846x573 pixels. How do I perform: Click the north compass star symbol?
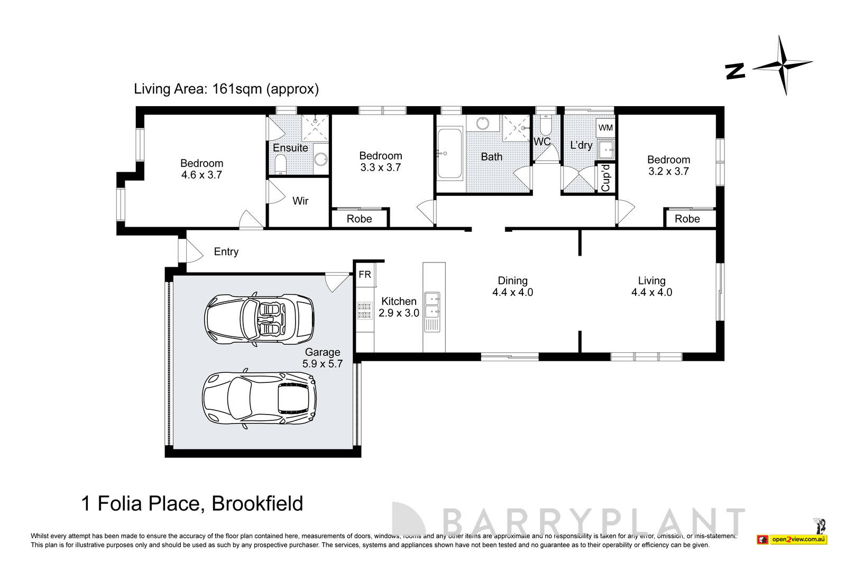(782, 65)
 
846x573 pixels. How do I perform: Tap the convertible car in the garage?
(259, 320)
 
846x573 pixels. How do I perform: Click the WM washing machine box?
(605, 128)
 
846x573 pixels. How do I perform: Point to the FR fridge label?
(365, 275)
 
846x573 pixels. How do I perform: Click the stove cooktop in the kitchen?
(364, 310)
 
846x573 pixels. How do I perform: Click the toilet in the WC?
(546, 125)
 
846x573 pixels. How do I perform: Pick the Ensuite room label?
(290, 148)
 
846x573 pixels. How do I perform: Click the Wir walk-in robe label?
(300, 201)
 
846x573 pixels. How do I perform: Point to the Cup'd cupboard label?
(606, 178)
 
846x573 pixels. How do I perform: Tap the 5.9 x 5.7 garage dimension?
(323, 363)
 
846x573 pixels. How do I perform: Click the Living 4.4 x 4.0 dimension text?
(651, 292)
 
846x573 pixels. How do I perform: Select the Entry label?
(226, 252)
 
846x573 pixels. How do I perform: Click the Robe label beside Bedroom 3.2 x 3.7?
(687, 219)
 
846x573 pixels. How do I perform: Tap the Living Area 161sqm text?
(226, 89)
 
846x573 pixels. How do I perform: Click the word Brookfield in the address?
(257, 503)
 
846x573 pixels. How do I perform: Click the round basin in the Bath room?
(482, 124)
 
